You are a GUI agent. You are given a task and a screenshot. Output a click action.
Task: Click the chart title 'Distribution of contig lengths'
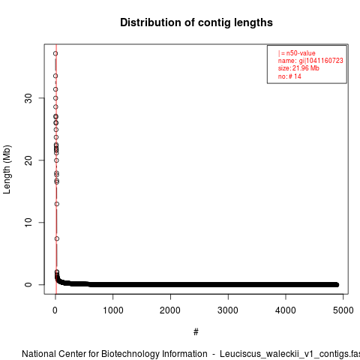coord(196,22)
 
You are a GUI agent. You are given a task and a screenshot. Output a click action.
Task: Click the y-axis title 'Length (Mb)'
coord(7,169)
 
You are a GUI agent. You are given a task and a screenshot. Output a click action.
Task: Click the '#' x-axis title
coord(196,332)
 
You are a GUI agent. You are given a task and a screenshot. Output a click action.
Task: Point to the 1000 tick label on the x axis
coord(113,310)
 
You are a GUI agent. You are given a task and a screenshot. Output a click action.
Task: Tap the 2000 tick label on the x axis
coord(170,310)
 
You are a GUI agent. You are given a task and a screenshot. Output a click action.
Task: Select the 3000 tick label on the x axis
coord(228,310)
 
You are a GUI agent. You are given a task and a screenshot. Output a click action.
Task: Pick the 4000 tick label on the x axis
coord(286,310)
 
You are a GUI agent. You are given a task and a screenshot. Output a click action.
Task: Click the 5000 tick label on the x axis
coord(343,310)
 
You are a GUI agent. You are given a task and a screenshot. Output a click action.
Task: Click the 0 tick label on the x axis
coord(55,310)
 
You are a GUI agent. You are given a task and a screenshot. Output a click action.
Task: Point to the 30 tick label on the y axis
coord(28,98)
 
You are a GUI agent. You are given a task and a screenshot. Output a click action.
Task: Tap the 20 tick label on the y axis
coord(28,160)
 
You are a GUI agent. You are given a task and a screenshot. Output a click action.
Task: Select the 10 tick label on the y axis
coord(28,223)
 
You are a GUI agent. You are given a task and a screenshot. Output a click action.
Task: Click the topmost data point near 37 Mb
coord(55,53)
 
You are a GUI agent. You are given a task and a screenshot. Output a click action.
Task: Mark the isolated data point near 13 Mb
coord(57,204)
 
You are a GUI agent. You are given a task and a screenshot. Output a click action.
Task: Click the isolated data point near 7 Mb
coord(57,238)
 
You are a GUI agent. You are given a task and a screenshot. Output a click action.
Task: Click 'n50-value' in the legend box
coord(301,53)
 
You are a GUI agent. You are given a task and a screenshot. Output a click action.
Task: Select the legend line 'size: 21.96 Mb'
coord(298,68)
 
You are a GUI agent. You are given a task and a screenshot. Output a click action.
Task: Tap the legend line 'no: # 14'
coord(289,76)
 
